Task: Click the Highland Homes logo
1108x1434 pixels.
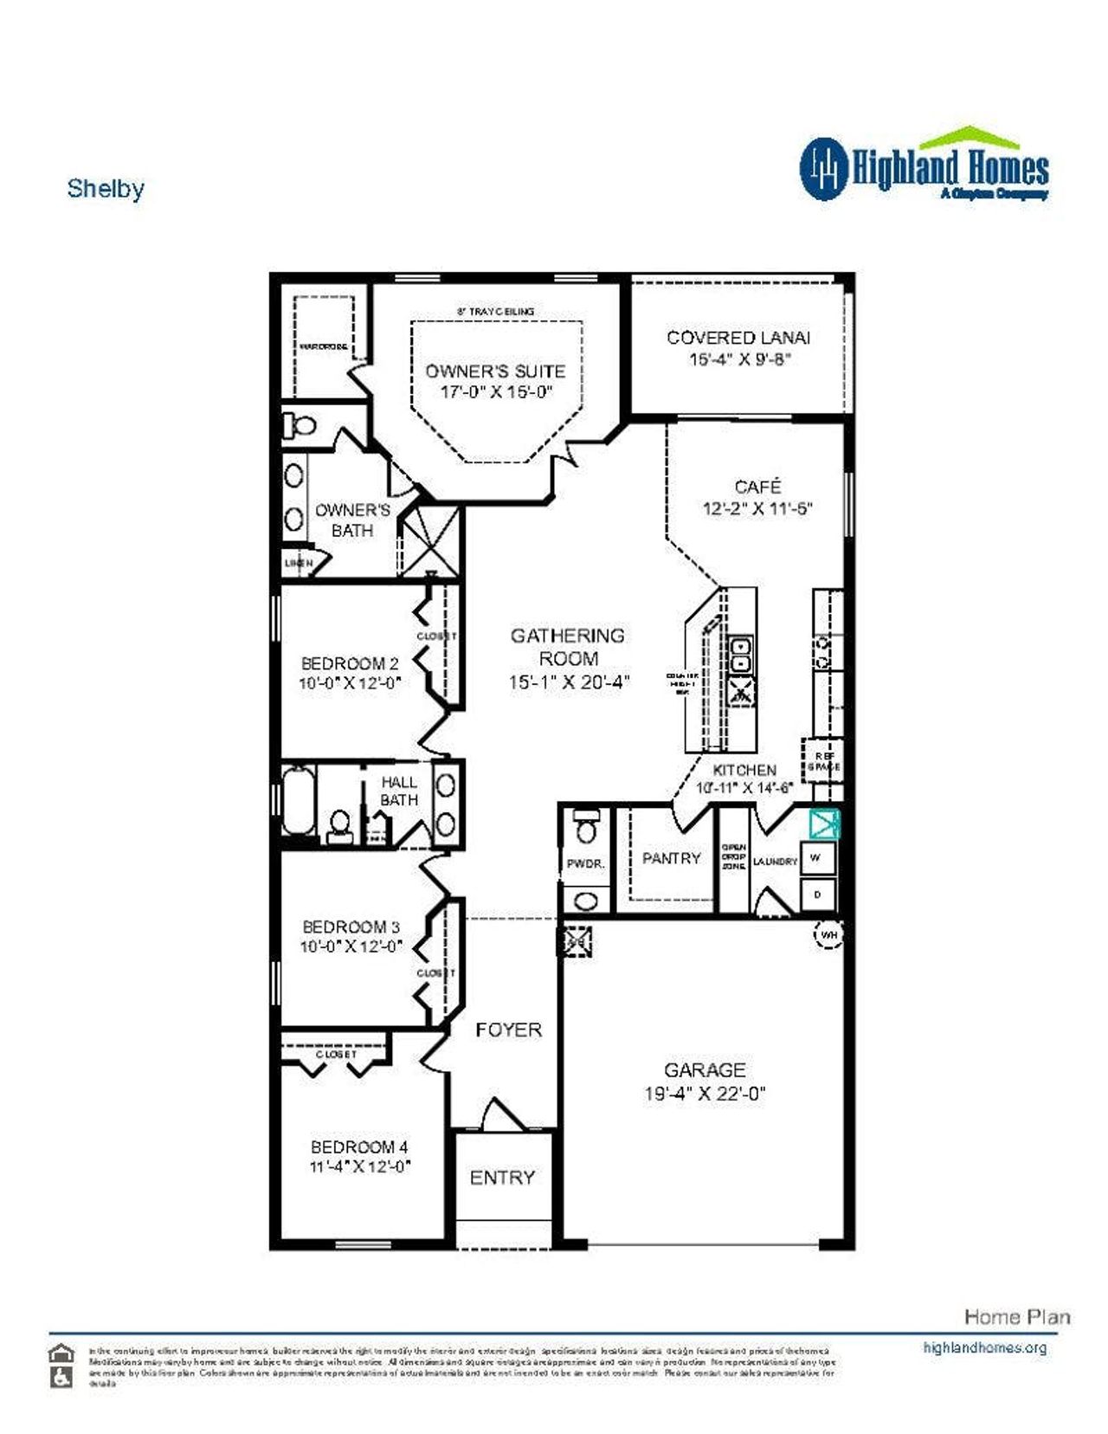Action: coord(924,166)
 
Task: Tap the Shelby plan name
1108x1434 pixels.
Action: coord(106,189)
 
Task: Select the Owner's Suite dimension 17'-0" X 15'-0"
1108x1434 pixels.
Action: coord(496,392)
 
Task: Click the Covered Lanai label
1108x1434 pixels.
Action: coord(738,338)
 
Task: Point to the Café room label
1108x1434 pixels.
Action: coord(757,487)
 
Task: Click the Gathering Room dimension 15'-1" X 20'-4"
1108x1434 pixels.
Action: coord(569,682)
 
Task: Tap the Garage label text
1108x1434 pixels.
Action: coord(705,1070)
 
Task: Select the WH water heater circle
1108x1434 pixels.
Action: coord(828,935)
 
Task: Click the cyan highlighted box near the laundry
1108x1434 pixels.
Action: coord(824,824)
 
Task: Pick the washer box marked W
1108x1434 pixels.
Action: coord(817,858)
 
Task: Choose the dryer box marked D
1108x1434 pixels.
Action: coord(818,895)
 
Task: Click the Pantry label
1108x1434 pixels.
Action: coord(671,858)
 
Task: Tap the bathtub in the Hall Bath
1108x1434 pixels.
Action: coord(298,802)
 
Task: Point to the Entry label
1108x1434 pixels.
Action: coord(502,1178)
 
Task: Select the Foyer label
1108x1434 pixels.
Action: coord(508,1030)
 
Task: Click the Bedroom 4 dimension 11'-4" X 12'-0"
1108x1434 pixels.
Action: coord(360,1167)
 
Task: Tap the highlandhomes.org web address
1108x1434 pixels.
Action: coord(984,1347)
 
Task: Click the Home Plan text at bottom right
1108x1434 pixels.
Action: coord(1017,1317)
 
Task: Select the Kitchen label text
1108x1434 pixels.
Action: coord(744,770)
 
